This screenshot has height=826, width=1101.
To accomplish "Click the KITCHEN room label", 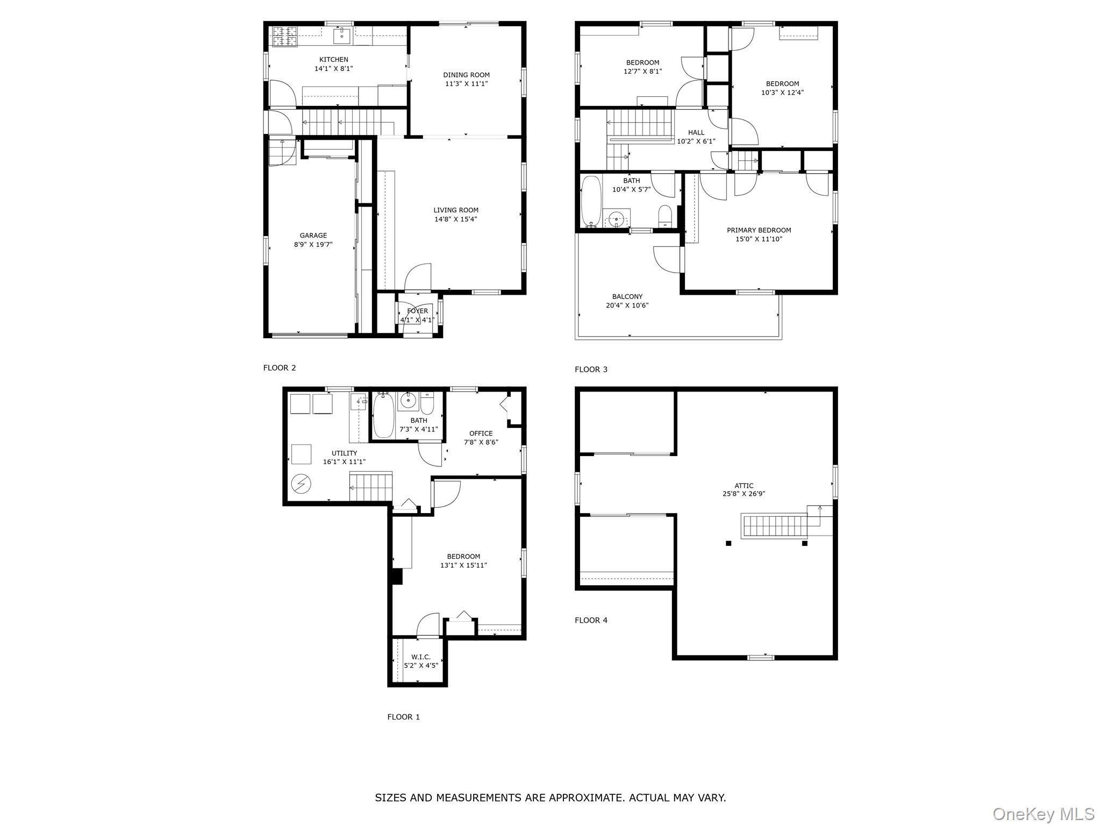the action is pos(334,60).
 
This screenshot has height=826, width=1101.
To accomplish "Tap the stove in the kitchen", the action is pos(285,36).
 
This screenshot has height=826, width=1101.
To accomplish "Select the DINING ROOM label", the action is pos(466,75).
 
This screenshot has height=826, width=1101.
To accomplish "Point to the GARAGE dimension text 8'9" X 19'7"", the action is pos(313,245).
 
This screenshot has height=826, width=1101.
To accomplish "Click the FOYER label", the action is pos(418,311).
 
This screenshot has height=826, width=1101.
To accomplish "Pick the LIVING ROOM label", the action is pos(456,210).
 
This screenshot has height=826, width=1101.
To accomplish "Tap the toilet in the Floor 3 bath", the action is pos(666,216).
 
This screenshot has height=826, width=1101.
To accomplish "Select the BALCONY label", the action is pos(627,297).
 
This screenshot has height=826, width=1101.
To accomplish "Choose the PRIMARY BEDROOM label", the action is pos(759,230).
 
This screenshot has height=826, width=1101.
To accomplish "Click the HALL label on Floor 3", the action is pos(696,133).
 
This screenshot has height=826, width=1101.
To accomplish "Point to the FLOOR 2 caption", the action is pos(280,368).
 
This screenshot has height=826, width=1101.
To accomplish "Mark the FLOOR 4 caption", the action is pos(591,620).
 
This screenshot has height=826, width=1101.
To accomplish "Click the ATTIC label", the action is pos(744,486).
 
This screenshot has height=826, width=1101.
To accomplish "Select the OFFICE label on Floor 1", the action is pos(481,433).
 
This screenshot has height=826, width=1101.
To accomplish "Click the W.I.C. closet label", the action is pos(421,657).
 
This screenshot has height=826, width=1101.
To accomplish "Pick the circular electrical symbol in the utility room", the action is pos(301,484).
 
